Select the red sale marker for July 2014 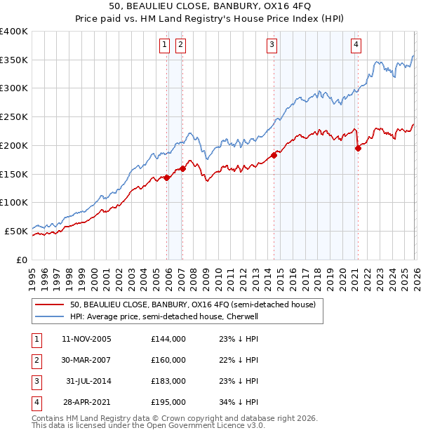click(274, 155)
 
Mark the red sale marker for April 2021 click(358, 148)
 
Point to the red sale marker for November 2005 click(166, 178)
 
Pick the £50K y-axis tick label click(17, 231)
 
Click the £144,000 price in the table click(168, 339)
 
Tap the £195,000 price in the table click(168, 402)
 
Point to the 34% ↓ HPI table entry click(239, 402)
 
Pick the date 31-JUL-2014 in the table click(88, 381)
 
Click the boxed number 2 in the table click(35, 360)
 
